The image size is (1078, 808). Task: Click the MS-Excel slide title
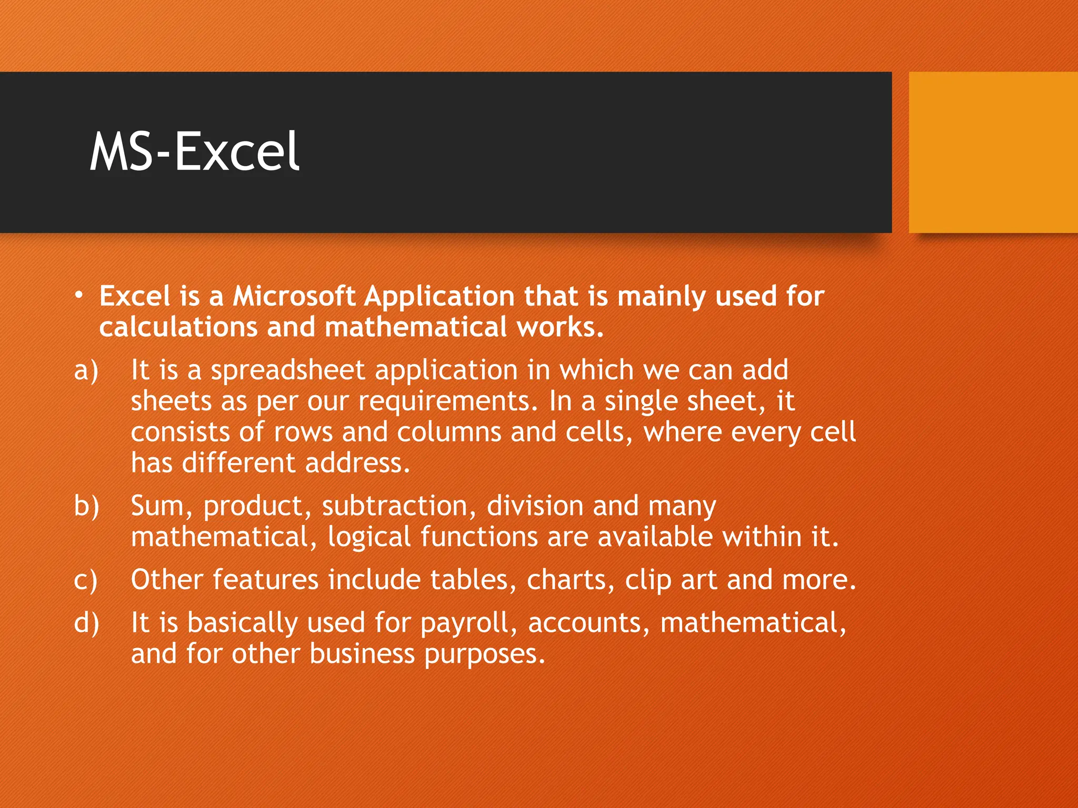click(x=194, y=152)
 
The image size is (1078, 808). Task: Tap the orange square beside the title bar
click(x=993, y=152)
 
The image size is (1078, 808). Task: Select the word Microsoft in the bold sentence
click(x=294, y=296)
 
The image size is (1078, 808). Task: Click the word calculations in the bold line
click(x=178, y=327)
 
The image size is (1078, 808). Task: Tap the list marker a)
click(x=86, y=370)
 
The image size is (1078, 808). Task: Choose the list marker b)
click(x=86, y=506)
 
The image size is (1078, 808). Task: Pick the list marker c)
click(x=86, y=580)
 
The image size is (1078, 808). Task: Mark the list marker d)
click(x=86, y=623)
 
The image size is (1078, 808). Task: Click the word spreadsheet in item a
click(x=287, y=370)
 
